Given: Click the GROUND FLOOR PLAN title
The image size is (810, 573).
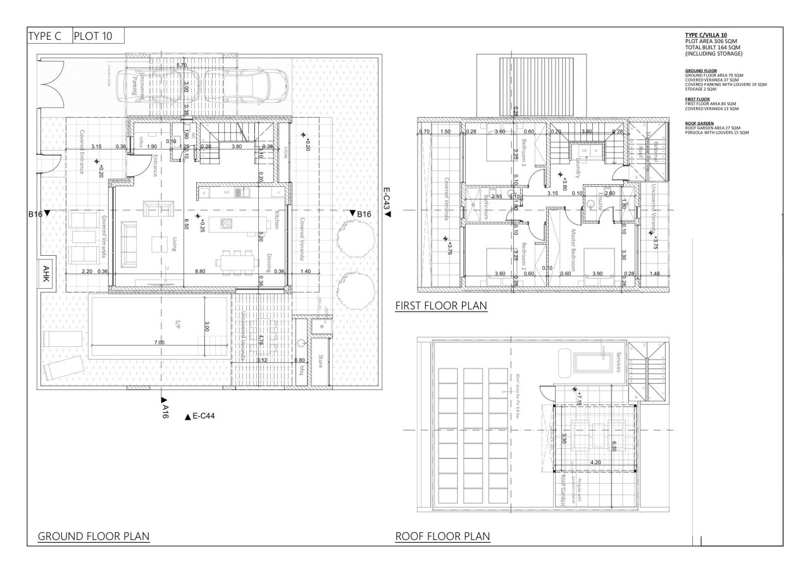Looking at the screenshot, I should click(94, 536).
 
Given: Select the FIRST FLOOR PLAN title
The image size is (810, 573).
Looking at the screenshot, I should click(441, 306).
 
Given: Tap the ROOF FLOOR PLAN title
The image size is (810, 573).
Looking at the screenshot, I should click(442, 536).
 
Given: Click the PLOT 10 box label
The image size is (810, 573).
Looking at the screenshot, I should click(93, 36).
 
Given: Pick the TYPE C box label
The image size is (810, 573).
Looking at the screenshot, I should click(45, 36).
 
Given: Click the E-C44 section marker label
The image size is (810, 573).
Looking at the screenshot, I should click(204, 417).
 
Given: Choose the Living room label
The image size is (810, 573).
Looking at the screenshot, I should click(174, 244).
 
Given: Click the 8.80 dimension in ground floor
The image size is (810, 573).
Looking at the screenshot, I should click(200, 271).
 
